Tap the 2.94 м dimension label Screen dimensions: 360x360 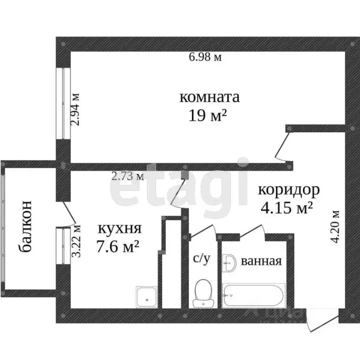(75, 108)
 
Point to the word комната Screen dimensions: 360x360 (210, 97)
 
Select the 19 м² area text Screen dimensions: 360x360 (210, 115)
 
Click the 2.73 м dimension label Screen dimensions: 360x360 (127, 176)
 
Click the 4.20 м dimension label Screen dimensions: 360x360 (335, 227)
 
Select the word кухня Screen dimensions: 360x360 (119, 229)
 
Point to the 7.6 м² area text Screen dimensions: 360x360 (119, 247)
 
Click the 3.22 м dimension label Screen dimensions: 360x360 (76, 241)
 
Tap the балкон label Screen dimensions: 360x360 (27, 227)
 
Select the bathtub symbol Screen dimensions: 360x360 (253, 295)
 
